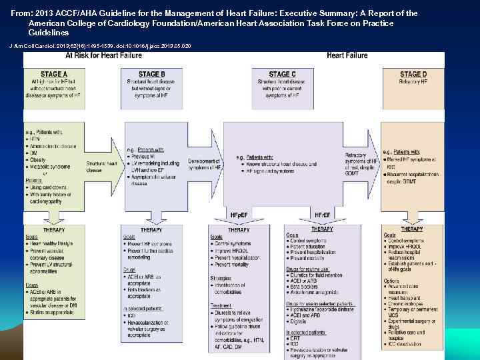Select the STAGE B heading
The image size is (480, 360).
[152, 74]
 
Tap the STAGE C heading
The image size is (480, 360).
[282, 74]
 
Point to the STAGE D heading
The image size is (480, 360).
[413, 74]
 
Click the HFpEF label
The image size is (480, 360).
[239, 215]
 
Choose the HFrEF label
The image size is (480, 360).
[322, 215]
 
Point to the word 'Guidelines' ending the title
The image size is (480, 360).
[48, 32]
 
